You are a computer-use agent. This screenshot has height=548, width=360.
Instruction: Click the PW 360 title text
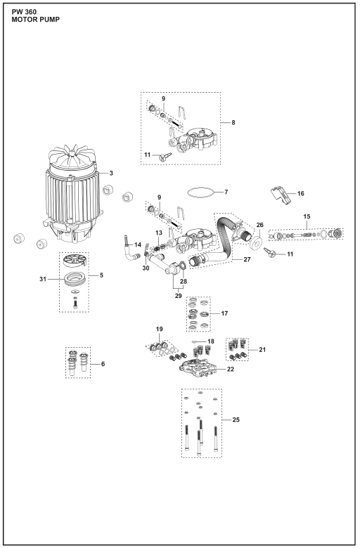(24, 12)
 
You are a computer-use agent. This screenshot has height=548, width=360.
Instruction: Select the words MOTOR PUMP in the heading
(35, 20)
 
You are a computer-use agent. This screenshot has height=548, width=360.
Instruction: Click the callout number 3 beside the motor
(111, 173)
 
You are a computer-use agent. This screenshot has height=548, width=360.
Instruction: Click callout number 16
(300, 193)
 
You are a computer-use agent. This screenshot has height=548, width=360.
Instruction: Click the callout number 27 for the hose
(247, 260)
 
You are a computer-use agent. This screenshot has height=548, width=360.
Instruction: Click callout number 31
(43, 279)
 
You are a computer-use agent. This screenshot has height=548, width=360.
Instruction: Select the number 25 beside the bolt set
(236, 419)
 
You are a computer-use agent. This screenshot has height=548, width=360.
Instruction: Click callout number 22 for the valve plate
(230, 369)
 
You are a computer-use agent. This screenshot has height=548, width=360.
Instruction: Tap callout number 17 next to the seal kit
(224, 313)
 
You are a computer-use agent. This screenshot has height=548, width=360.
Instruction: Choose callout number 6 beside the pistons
(103, 364)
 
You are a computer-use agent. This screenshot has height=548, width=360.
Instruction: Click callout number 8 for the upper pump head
(233, 122)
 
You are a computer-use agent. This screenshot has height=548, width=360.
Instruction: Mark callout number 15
(307, 216)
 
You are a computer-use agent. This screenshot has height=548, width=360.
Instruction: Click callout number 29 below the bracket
(178, 296)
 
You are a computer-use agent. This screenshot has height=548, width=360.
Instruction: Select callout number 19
(159, 329)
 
